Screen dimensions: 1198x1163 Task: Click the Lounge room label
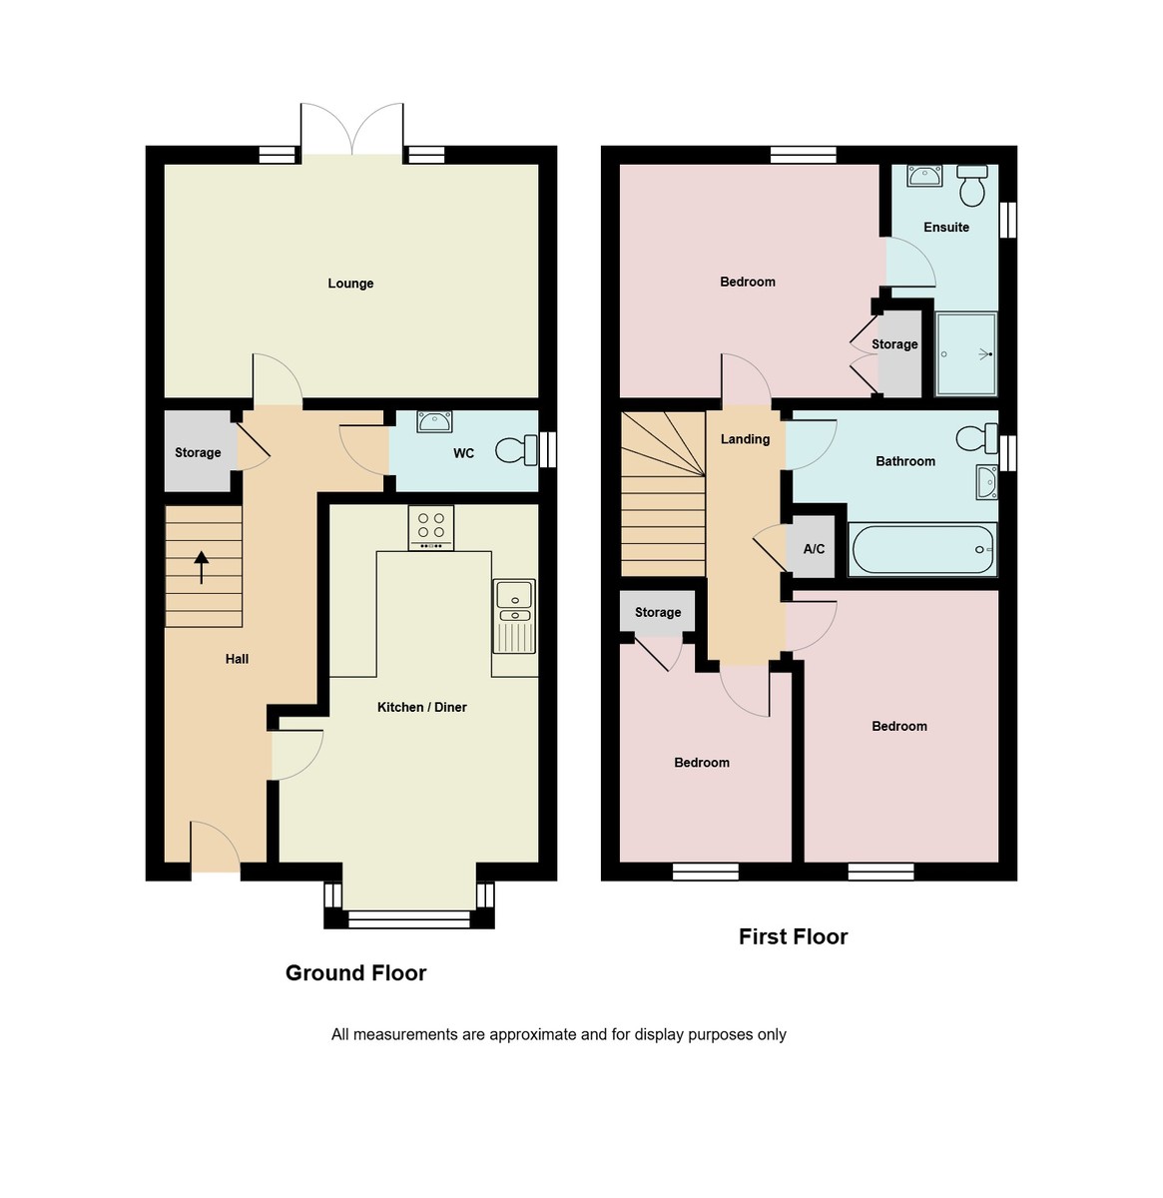(350, 284)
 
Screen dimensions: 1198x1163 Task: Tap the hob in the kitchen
(431, 528)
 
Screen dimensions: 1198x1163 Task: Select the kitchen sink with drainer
(514, 614)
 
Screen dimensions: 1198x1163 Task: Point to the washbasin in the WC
(434, 421)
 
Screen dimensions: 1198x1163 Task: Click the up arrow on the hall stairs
(202, 567)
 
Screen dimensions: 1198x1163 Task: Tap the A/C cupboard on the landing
(813, 549)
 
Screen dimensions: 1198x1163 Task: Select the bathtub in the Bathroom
(921, 550)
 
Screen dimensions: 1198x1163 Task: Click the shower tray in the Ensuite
(966, 353)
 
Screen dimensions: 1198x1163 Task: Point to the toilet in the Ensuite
(971, 186)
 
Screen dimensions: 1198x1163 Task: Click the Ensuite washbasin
(924, 177)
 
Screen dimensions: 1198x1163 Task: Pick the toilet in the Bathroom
(975, 437)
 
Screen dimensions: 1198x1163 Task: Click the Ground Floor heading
(355, 973)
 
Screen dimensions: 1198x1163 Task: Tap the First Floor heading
(793, 936)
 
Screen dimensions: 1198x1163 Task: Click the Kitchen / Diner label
(421, 707)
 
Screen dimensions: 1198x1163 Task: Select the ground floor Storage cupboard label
(198, 452)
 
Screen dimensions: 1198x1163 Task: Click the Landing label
(745, 439)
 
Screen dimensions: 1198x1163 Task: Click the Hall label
(237, 659)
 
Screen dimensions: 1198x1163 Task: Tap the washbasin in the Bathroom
(985, 481)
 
